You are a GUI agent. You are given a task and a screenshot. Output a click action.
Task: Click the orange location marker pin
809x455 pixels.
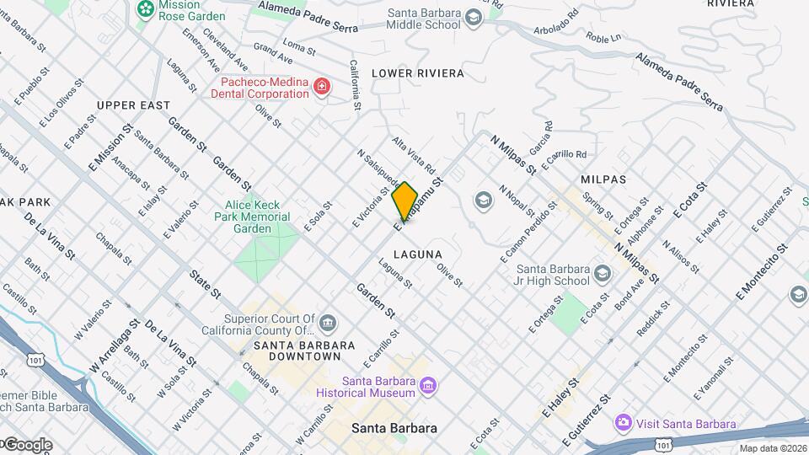tap(404, 201)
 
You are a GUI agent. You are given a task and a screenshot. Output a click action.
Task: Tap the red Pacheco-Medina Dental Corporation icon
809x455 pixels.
tap(320, 87)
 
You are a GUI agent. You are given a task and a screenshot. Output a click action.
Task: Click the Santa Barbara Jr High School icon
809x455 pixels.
tap(603, 275)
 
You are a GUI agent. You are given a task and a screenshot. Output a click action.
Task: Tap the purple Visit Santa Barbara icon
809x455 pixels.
tap(623, 423)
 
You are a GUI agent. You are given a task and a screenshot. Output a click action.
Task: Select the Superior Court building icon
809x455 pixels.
tap(328, 324)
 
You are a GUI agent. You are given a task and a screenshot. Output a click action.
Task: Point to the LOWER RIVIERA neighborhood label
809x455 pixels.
tap(418, 73)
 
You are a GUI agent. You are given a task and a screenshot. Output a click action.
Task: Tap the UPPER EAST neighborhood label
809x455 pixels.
tap(133, 105)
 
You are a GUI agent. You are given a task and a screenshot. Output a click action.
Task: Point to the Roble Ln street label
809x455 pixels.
tap(603, 38)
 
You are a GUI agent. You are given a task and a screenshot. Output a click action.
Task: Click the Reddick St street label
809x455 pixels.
tap(652, 318)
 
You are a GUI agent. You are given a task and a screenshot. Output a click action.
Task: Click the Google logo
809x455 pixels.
tap(27, 444)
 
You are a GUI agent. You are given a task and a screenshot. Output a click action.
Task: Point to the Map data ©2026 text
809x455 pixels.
tap(773, 448)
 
